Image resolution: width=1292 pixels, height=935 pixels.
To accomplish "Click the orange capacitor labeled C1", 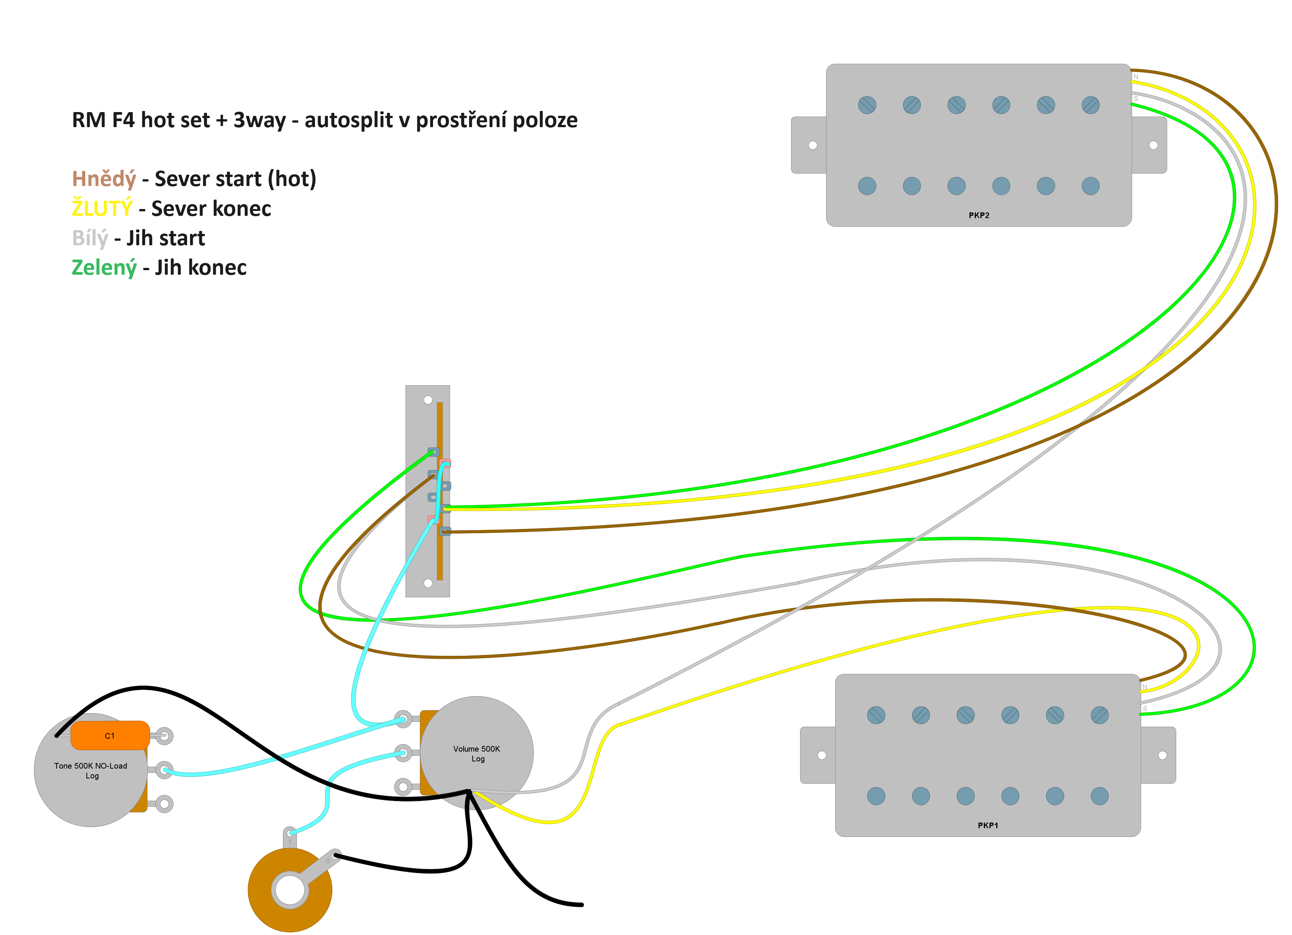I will pos(110,735).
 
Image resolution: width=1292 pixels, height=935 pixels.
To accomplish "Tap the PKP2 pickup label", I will pos(979,215).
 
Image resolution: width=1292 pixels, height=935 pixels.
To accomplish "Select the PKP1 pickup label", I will pos(988,825).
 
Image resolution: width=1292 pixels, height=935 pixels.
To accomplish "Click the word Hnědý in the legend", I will pos(104,179).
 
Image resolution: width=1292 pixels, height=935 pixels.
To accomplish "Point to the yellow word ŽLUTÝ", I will pos(102,209).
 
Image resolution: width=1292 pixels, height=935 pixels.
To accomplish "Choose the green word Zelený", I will pos(104,267).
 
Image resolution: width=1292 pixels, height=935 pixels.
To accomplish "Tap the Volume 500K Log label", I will pos(477,753).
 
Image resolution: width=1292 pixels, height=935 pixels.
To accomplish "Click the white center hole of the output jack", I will pos(290,889).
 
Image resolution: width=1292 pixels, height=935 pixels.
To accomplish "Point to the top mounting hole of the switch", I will pos(428,400).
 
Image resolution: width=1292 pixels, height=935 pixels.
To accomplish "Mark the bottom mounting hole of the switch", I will pos(428,583).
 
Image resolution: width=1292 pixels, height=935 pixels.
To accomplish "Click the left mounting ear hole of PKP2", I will pos(813,145).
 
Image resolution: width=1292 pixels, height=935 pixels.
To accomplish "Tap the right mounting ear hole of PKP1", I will pos(1162,755).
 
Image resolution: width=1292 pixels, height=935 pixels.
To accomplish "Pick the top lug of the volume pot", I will pos(403,719).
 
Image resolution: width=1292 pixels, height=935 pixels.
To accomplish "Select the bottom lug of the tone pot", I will pos(164,804).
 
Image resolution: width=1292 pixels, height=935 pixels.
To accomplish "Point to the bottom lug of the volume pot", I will pos(403,787).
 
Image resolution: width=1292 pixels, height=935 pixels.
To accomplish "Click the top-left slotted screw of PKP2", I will pos(867,105).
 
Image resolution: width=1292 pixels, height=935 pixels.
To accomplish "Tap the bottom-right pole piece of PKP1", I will pos(1100,796).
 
